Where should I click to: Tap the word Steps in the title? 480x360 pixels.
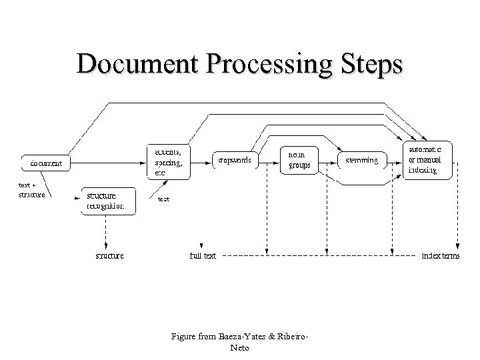tap(369, 65)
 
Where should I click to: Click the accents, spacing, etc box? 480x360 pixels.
tap(168, 161)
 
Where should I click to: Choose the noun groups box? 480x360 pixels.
tap(299, 160)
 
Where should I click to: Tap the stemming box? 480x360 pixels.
tap(362, 161)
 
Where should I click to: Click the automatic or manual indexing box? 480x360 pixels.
tap(429, 160)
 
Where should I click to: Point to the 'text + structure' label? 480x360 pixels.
tap(31, 190)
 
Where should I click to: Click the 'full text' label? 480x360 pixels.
tap(203, 255)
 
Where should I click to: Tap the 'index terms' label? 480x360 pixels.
tap(440, 255)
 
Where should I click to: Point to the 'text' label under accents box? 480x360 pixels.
tap(163, 199)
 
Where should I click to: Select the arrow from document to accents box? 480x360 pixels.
tap(110, 162)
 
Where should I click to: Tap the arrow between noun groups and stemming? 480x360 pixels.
tap(328, 161)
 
